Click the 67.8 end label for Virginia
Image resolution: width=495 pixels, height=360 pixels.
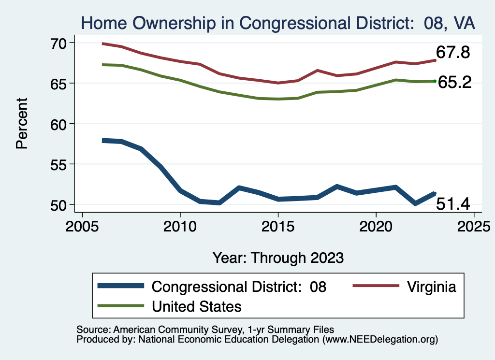[453, 52]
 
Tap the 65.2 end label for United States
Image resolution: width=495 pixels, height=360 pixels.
[454, 82]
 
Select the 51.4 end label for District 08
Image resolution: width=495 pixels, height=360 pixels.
[453, 204]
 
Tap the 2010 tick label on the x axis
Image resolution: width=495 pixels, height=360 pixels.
[180, 226]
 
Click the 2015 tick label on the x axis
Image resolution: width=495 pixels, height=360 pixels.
[278, 226]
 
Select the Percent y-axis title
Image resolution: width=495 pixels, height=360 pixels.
[22, 123]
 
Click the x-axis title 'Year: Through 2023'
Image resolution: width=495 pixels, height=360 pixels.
[278, 258]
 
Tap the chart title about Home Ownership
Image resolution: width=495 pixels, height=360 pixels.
[278, 23]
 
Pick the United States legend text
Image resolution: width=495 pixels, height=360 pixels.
[197, 306]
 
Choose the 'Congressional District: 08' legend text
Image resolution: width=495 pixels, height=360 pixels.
[239, 287]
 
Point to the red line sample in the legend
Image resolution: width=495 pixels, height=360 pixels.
[376, 287]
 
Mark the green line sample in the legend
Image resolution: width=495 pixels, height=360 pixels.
[120, 306]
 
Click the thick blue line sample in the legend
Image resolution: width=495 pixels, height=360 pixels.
[120, 287]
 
